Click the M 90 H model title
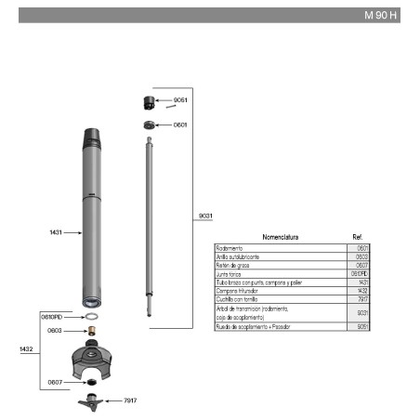click(x=381, y=16)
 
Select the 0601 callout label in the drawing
click(x=180, y=125)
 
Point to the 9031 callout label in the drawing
click(x=206, y=216)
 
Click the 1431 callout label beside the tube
click(x=55, y=232)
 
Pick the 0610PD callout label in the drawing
click(x=51, y=317)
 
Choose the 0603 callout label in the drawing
click(x=55, y=330)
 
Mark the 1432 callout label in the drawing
click(x=26, y=349)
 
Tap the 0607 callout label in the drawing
click(x=55, y=381)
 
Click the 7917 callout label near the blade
click(x=129, y=400)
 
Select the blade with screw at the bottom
click(x=92, y=400)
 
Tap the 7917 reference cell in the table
click(x=362, y=299)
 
